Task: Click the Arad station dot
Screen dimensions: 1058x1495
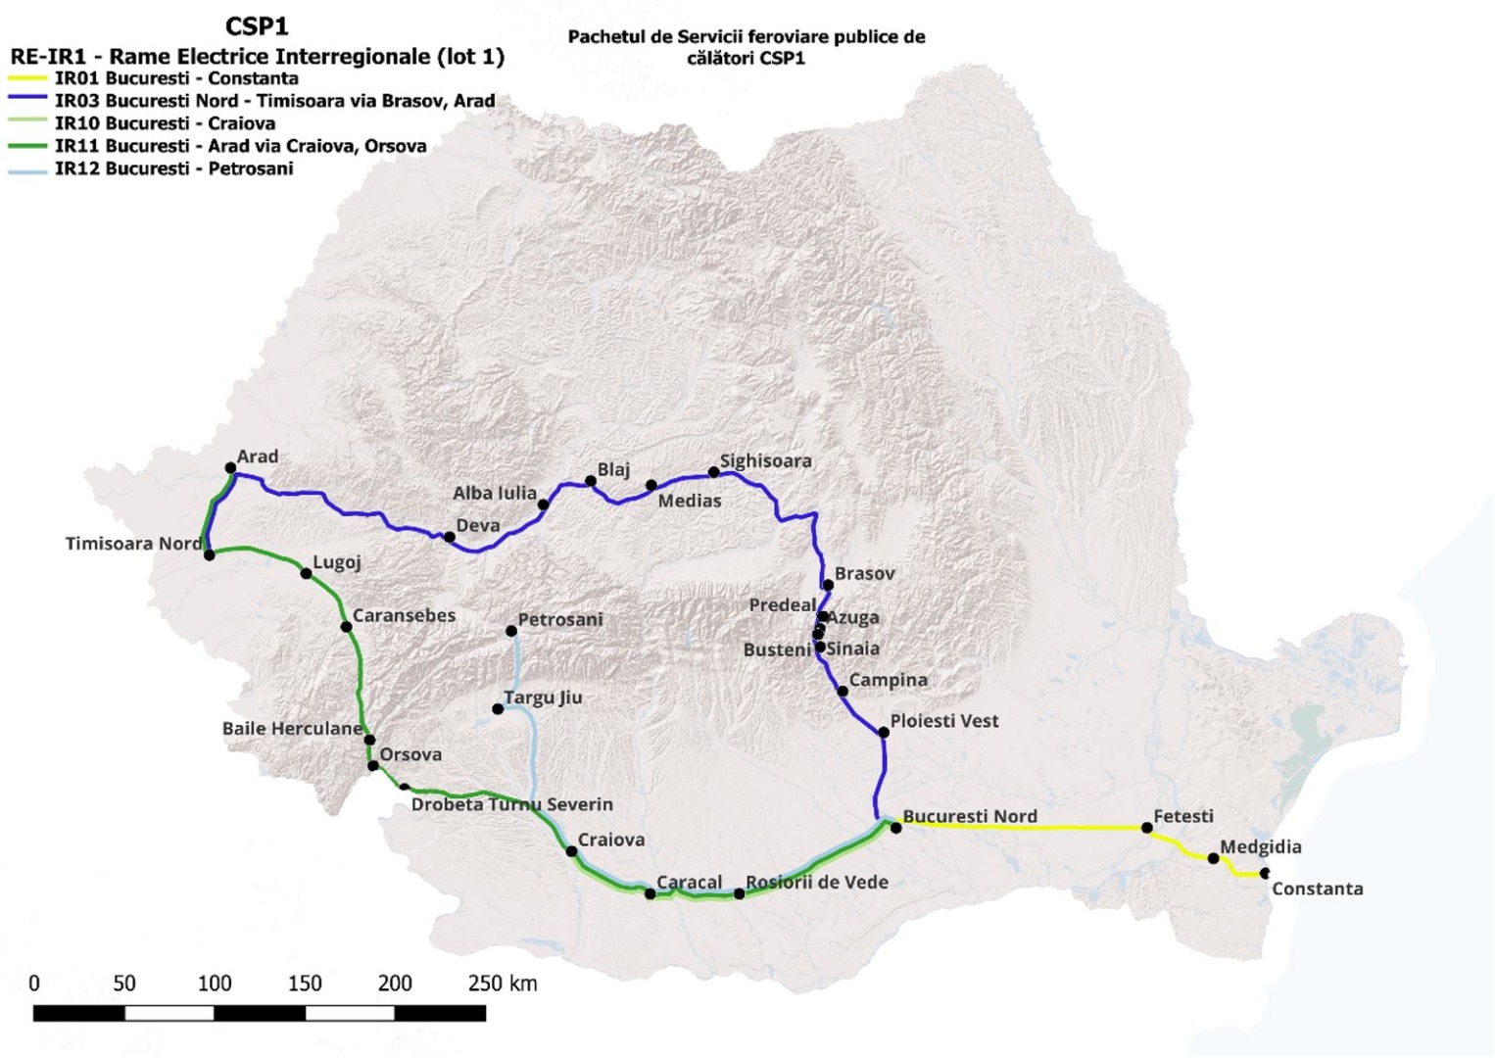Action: pos(230,468)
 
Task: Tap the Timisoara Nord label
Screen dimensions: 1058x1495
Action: pos(133,544)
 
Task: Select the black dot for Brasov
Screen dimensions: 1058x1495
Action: pos(828,585)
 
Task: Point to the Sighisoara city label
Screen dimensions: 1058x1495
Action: pos(765,460)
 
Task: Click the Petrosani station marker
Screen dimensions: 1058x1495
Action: pos(511,631)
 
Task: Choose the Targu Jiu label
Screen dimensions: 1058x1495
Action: pos(543,697)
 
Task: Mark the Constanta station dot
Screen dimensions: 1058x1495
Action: pos(1265,873)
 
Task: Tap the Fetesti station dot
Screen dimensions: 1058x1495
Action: pos(1147,828)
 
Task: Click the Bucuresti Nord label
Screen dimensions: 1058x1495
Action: pos(969,816)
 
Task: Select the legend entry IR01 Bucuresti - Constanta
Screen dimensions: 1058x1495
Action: pos(176,78)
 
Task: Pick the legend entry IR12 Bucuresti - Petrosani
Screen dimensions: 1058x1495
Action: pos(173,168)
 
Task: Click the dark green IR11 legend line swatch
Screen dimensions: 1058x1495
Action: pos(27,146)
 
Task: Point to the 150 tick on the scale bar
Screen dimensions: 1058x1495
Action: pos(305,984)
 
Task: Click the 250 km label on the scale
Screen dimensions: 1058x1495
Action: pos(502,984)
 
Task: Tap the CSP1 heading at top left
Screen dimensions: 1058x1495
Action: pos(257,26)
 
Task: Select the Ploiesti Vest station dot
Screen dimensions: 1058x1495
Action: pos(883,732)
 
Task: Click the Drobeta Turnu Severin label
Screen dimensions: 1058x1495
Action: pos(511,804)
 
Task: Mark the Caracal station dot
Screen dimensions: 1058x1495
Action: pos(651,893)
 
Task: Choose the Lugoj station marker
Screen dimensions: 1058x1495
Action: pos(306,573)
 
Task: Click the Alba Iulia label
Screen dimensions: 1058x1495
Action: pos(494,493)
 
